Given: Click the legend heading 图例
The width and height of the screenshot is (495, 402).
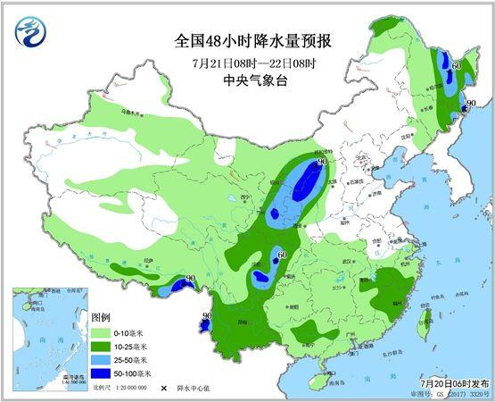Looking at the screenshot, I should (x=102, y=318).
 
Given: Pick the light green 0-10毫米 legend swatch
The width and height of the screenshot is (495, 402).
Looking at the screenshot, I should (x=104, y=332).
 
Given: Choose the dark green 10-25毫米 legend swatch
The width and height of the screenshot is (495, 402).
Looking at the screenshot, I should (x=104, y=345).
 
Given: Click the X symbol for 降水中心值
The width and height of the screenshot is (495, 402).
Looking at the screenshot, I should (x=164, y=389).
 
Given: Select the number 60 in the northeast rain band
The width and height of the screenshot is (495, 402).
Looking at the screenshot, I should (x=456, y=67).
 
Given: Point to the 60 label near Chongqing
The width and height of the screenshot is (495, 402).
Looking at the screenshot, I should (x=282, y=255).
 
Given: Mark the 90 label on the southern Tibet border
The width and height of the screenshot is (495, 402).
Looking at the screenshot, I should (x=191, y=280).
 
